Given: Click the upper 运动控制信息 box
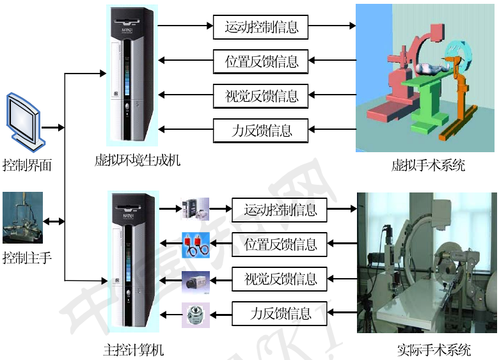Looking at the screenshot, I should point(260,27).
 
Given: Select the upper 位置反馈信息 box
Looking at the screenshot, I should point(260,62).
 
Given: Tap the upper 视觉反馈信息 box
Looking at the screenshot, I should point(260,96).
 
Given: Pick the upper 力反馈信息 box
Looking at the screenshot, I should point(260,130).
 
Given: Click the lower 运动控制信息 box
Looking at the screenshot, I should point(280,209).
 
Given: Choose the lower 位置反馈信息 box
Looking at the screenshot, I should point(280,244).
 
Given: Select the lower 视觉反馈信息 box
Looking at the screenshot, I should point(280,279).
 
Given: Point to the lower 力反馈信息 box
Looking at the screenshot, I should point(280,313).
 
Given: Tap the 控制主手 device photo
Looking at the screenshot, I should point(22,218).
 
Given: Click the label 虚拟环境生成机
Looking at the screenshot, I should point(138,159).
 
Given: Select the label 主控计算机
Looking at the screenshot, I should point(134,350).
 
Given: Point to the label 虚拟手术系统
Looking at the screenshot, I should point(428,166).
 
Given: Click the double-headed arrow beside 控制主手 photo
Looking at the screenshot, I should point(54,222).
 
